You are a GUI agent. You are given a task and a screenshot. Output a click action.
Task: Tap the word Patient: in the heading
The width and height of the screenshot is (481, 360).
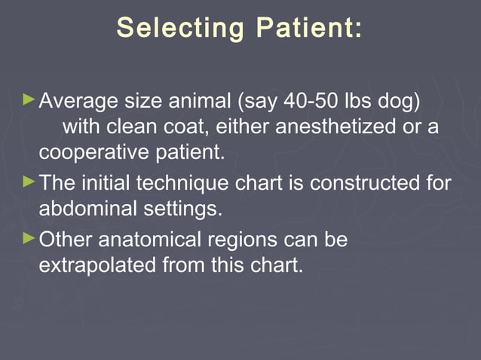point(308,29)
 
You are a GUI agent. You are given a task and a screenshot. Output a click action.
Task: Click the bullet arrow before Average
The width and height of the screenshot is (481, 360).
point(29,99)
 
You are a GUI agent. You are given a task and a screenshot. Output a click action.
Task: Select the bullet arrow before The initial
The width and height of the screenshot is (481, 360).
point(29,182)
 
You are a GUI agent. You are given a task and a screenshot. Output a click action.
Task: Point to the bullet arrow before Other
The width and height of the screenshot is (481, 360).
point(29,239)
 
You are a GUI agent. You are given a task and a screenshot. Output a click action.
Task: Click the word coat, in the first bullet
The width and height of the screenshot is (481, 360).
point(186,126)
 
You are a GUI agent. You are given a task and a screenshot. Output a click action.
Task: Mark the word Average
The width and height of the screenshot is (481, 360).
point(78,100)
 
